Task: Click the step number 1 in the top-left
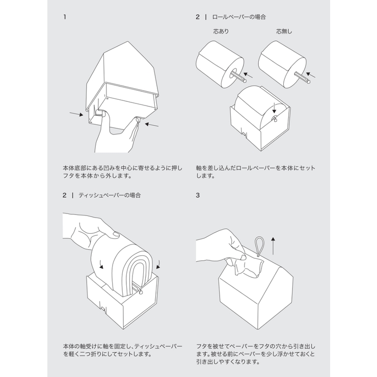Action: (65, 17)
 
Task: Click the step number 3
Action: (198, 195)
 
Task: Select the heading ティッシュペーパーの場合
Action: (110, 195)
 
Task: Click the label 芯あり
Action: (221, 32)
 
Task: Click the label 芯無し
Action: (284, 32)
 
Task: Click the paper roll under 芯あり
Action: (217, 64)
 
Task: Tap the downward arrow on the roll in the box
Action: (274, 107)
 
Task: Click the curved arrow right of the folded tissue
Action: (159, 264)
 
